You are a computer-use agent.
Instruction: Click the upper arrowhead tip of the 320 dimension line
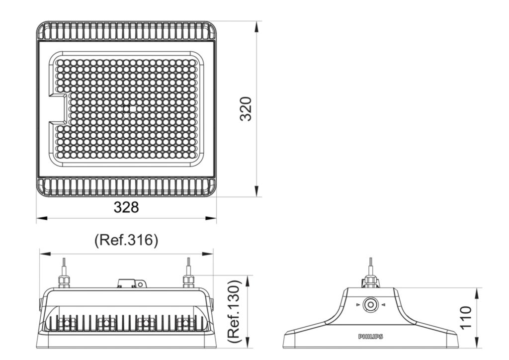[x=256, y=22]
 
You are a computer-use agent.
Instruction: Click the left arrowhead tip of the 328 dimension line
[x=36, y=218]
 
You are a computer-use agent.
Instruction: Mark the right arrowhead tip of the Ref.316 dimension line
[x=213, y=254]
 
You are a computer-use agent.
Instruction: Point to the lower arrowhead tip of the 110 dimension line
[x=477, y=348]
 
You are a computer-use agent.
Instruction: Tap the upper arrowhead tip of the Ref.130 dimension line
[x=248, y=275]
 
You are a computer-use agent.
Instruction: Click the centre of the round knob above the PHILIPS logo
[x=370, y=305]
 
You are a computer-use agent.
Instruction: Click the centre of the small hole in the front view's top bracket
[x=140, y=284]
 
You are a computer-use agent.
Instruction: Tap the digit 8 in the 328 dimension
[x=134, y=207]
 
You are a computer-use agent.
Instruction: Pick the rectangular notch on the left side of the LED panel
[x=58, y=109]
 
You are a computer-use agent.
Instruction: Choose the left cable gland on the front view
[x=64, y=280]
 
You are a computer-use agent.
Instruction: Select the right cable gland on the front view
[x=188, y=280]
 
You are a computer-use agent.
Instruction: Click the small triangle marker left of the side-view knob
[x=358, y=305]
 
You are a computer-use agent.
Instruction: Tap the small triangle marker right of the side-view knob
[x=383, y=305]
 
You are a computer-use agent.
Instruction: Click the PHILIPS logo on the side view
[x=370, y=337]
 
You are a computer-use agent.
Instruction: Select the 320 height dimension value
[x=246, y=109]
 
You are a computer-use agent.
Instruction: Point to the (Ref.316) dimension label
[x=126, y=240]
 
